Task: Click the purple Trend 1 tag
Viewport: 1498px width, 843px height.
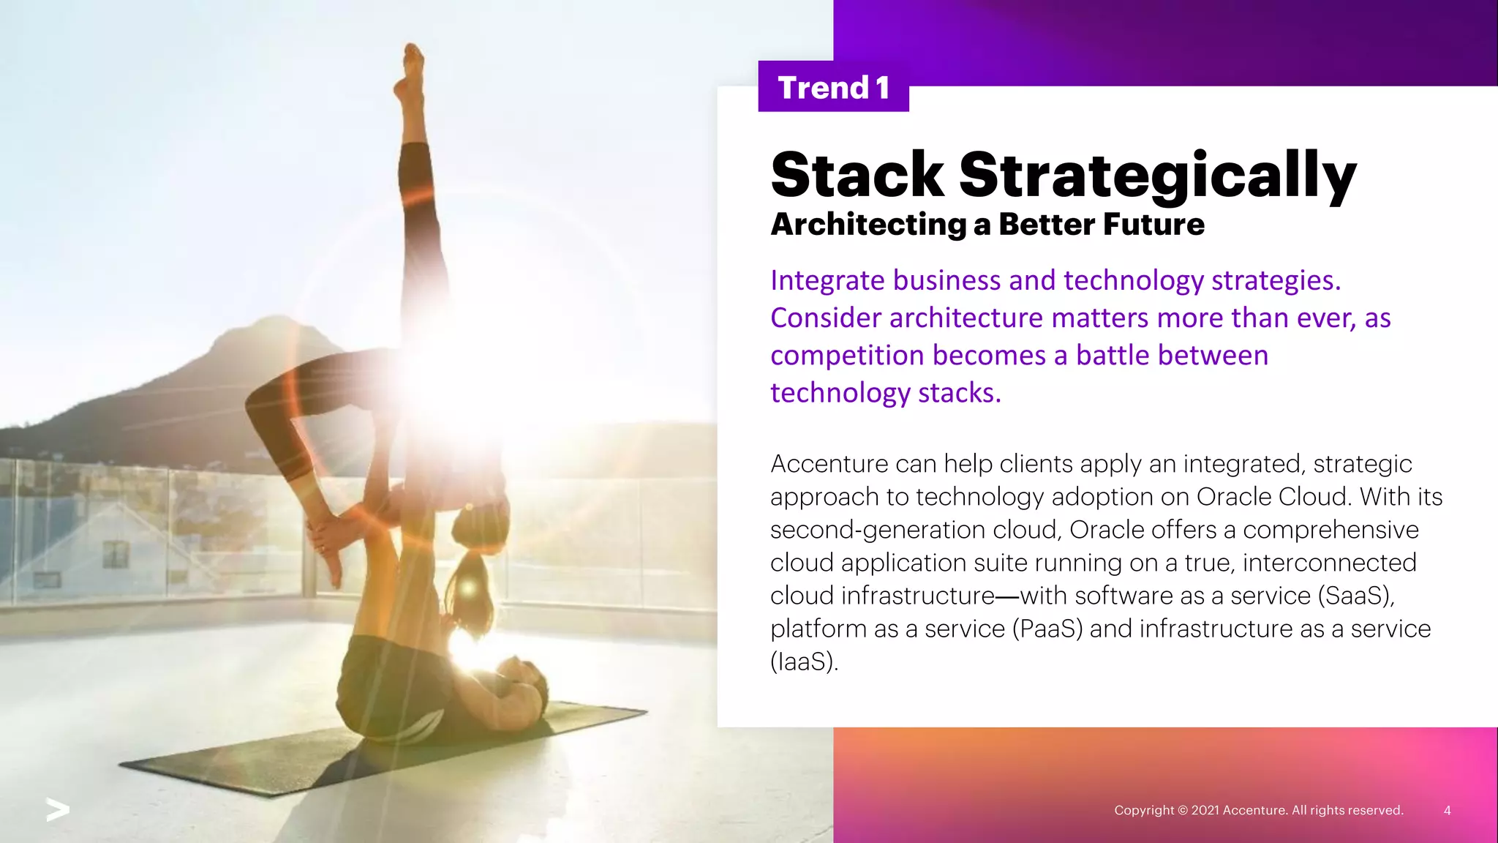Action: pyautogui.click(x=833, y=87)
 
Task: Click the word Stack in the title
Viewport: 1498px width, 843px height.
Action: pyautogui.click(x=857, y=175)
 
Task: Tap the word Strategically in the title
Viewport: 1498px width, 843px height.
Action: pyautogui.click(x=1157, y=175)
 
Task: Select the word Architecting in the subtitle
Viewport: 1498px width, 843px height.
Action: pyautogui.click(x=868, y=225)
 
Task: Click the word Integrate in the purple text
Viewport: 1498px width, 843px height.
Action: pyautogui.click(x=827, y=281)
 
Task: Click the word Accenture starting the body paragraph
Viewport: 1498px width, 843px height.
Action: pyautogui.click(x=828, y=464)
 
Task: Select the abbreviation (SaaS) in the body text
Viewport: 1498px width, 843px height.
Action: pyautogui.click(x=1355, y=596)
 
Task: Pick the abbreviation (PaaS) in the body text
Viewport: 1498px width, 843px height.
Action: pyautogui.click(x=1047, y=629)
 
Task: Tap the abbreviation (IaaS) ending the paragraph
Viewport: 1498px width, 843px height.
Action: pyautogui.click(x=803, y=662)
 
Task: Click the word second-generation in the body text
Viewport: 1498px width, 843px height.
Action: pyautogui.click(x=878, y=530)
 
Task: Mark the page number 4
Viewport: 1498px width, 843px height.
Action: pyautogui.click(x=1447, y=810)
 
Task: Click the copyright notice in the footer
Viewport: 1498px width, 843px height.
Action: pyautogui.click(x=1258, y=810)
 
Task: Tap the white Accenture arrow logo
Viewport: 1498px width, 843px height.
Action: pyautogui.click(x=58, y=809)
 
